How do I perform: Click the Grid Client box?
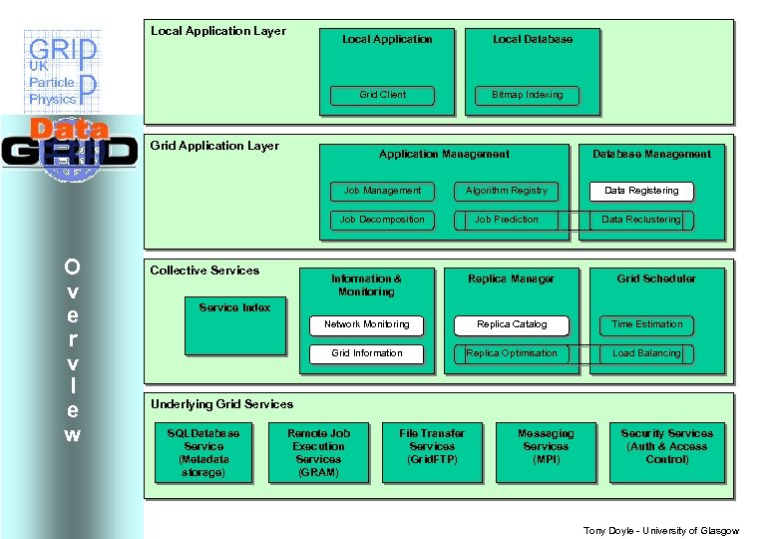click(383, 95)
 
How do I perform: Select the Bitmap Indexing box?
click(527, 95)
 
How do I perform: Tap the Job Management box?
click(382, 191)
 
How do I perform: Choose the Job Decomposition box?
click(382, 220)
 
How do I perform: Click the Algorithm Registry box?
click(507, 191)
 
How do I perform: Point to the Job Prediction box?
click(507, 220)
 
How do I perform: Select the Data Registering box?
click(641, 191)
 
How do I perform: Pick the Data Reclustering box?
click(641, 220)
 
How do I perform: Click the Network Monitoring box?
click(366, 324)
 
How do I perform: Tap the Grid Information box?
click(366, 353)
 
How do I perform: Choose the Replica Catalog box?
click(512, 324)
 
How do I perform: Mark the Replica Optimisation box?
click(512, 353)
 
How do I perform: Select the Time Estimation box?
click(646, 324)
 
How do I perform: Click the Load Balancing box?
click(646, 353)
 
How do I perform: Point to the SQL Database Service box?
click(203, 453)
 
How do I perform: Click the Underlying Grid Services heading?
click(221, 404)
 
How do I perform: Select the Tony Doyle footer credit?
click(660, 530)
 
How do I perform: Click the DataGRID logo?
click(69, 148)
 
